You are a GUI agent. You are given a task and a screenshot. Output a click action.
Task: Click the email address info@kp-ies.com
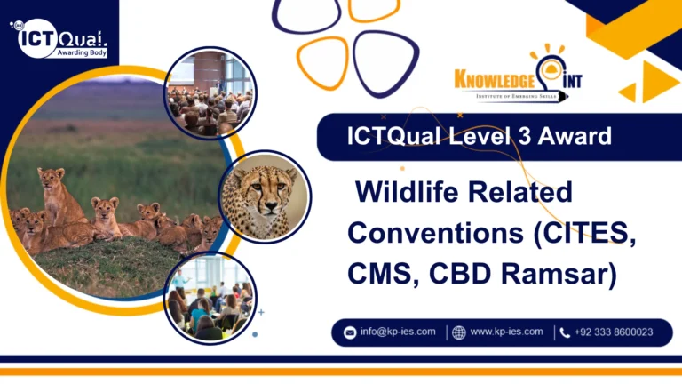[x=398, y=332]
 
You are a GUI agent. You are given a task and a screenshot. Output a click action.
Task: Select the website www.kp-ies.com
[x=506, y=332]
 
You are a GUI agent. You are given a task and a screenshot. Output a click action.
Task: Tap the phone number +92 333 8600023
[x=613, y=332]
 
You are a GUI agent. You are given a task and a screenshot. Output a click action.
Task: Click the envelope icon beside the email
[x=349, y=332]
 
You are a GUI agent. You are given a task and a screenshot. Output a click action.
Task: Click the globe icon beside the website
[x=458, y=332]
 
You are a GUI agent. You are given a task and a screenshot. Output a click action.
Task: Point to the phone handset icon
[x=565, y=332]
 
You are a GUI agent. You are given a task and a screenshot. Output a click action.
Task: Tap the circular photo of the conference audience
[x=210, y=93]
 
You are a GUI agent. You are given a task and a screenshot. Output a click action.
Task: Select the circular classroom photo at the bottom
[x=210, y=297]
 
